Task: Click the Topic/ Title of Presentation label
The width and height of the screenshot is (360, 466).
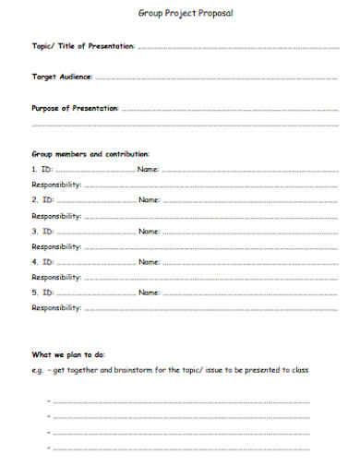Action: click(83, 45)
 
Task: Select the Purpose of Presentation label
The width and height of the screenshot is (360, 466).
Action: click(76, 108)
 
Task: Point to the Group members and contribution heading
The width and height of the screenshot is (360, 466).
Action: click(90, 154)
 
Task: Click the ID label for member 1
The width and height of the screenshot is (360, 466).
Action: click(47, 170)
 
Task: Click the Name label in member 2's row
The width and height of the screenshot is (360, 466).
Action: click(150, 200)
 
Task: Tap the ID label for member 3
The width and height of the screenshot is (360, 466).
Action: click(47, 231)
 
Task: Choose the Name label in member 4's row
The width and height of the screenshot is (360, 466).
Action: click(150, 262)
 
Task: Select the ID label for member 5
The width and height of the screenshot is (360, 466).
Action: click(47, 293)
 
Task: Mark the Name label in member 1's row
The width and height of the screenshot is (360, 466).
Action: click(150, 170)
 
